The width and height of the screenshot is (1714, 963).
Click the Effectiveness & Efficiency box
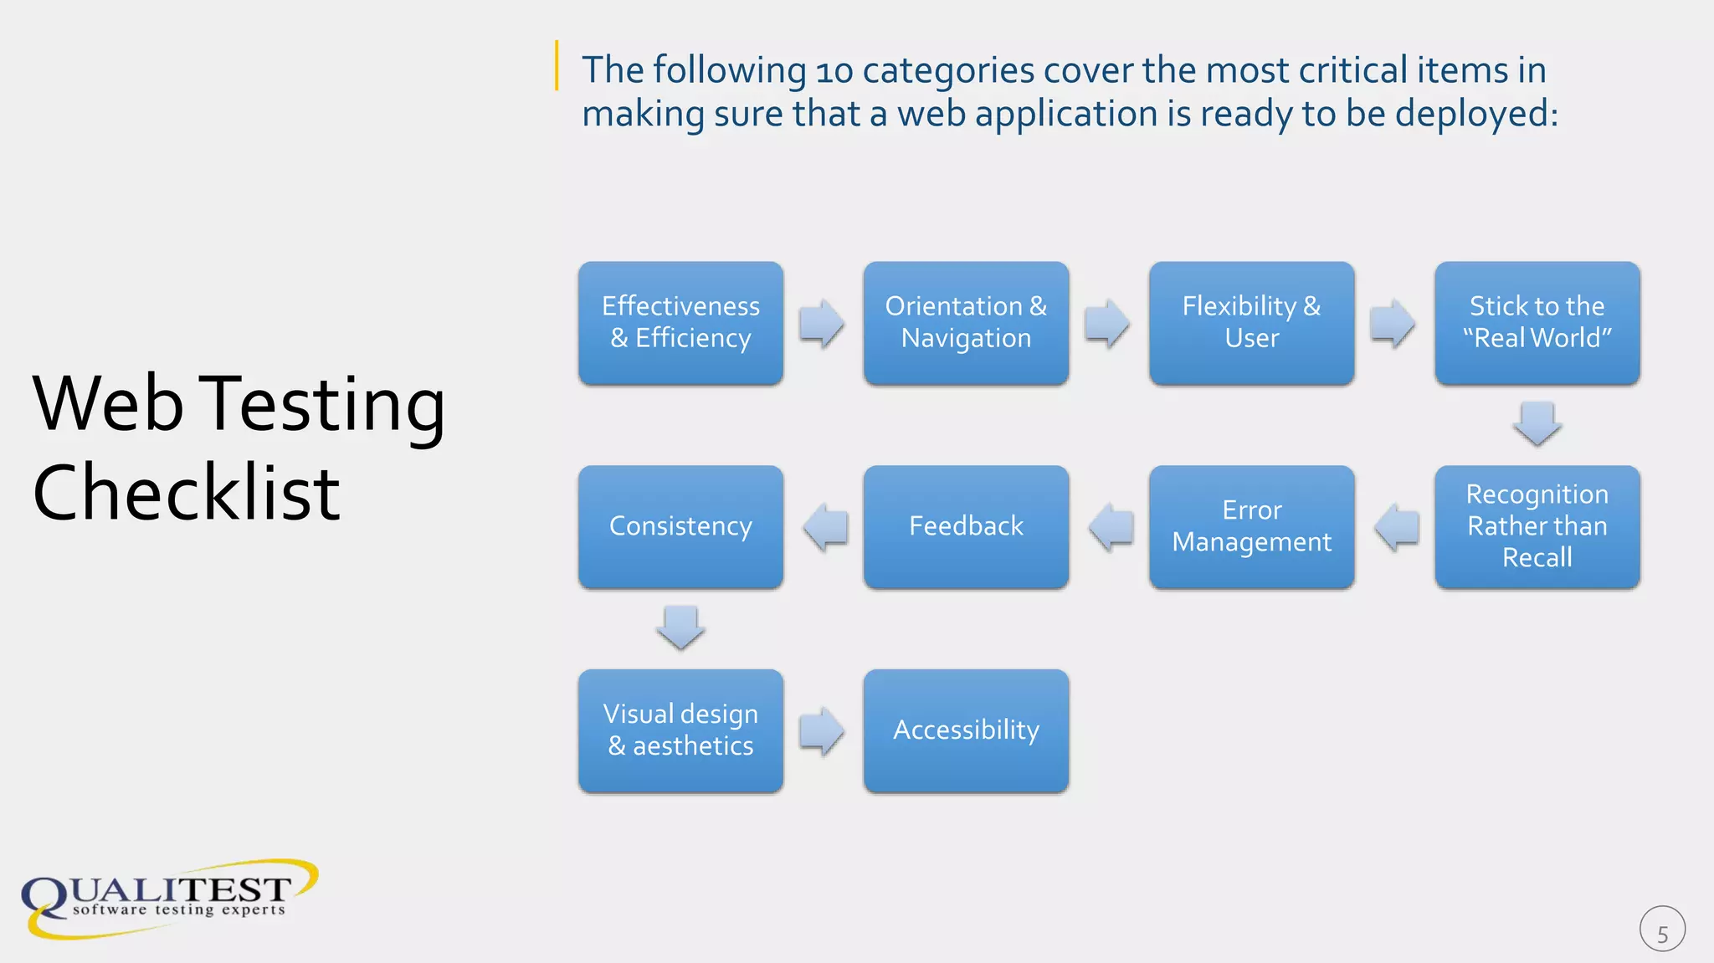click(680, 323)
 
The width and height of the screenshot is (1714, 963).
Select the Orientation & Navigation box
click(966, 323)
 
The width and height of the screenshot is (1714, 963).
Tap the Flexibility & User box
click(1251, 323)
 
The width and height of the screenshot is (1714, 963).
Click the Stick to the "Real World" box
click(1537, 323)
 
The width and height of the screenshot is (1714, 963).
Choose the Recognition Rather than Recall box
click(1537, 526)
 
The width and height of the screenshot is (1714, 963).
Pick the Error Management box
click(1251, 526)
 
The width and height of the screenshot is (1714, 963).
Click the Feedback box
click(966, 526)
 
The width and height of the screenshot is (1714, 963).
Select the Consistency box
click(680, 526)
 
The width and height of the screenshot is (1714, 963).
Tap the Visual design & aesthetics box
click(680, 730)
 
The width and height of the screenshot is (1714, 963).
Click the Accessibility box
click(966, 730)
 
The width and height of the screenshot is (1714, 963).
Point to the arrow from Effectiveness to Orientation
click(822, 323)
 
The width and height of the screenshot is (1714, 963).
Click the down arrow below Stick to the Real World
click(1537, 423)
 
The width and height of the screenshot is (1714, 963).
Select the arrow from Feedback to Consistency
click(825, 527)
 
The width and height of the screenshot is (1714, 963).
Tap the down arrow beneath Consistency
click(680, 627)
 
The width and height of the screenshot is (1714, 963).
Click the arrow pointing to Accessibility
click(822, 731)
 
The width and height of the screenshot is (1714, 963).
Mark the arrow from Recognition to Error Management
click(1397, 527)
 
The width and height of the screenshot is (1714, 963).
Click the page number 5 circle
click(1662, 930)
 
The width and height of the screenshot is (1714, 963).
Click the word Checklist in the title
click(186, 494)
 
